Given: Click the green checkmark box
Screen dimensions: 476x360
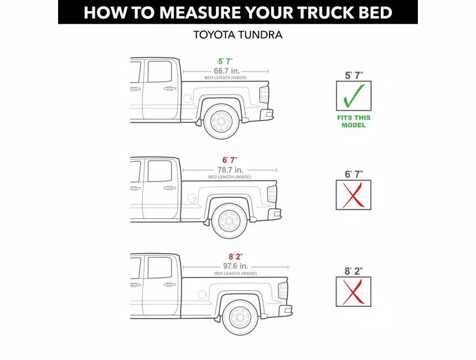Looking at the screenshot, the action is pyautogui.click(x=354, y=96).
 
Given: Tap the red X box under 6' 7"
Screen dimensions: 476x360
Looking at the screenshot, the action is pyautogui.click(x=353, y=195).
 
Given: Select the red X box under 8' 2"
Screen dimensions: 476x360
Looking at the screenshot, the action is pyautogui.click(x=353, y=291).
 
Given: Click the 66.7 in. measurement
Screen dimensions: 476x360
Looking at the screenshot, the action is pyautogui.click(x=227, y=71).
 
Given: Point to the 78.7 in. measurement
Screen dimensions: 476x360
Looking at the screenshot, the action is pyautogui.click(x=230, y=170).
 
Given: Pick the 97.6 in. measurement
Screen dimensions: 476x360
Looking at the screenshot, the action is pyautogui.click(x=236, y=266).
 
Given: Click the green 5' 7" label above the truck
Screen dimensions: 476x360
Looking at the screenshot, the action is pyautogui.click(x=225, y=61).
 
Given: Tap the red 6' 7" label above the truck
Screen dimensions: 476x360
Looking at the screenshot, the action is pyautogui.click(x=230, y=160).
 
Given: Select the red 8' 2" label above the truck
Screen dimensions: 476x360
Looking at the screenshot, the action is pyautogui.click(x=236, y=257).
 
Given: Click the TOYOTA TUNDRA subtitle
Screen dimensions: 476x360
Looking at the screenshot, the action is pyautogui.click(x=237, y=35).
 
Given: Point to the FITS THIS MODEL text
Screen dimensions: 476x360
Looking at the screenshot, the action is pyautogui.click(x=354, y=121).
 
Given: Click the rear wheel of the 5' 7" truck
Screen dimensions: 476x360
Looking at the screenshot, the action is pyautogui.click(x=221, y=122).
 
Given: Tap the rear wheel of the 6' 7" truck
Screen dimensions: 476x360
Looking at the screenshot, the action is pyautogui.click(x=230, y=221).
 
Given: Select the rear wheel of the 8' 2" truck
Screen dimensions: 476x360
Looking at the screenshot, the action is pyautogui.click(x=240, y=317).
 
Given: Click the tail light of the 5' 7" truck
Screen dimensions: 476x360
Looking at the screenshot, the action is pyautogui.click(x=264, y=95).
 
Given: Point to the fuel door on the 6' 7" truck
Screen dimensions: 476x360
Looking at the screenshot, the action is pyautogui.click(x=192, y=198).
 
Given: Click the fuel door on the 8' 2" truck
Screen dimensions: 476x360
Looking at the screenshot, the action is pyautogui.click(x=203, y=295).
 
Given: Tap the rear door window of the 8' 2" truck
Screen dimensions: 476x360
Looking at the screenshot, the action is pyautogui.click(x=159, y=268).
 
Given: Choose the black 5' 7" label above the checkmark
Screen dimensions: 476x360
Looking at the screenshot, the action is pyautogui.click(x=354, y=75).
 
